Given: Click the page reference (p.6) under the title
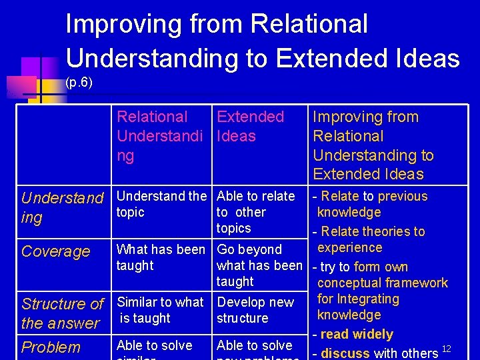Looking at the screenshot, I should pyautogui.click(x=79, y=83).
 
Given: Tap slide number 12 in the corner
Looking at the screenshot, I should pyautogui.click(x=447, y=350).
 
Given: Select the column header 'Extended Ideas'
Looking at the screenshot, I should pyautogui.click(x=250, y=126).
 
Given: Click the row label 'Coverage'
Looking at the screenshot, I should pyautogui.click(x=55, y=251).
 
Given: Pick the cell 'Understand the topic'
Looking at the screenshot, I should pyautogui.click(x=161, y=204).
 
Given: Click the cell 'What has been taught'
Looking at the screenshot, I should pyautogui.click(x=161, y=257).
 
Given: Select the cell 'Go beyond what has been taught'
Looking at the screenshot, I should pyautogui.click(x=259, y=265).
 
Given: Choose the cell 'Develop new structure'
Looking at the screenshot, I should pyautogui.click(x=255, y=310).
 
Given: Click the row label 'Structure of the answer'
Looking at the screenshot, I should pyautogui.click(x=62, y=313).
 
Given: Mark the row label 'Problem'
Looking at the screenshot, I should pyautogui.click(x=51, y=347).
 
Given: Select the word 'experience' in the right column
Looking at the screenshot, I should pyautogui.click(x=349, y=247).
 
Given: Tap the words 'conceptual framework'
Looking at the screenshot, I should pyautogui.click(x=383, y=283).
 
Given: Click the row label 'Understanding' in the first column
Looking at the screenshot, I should pyautogui.click(x=62, y=207).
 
